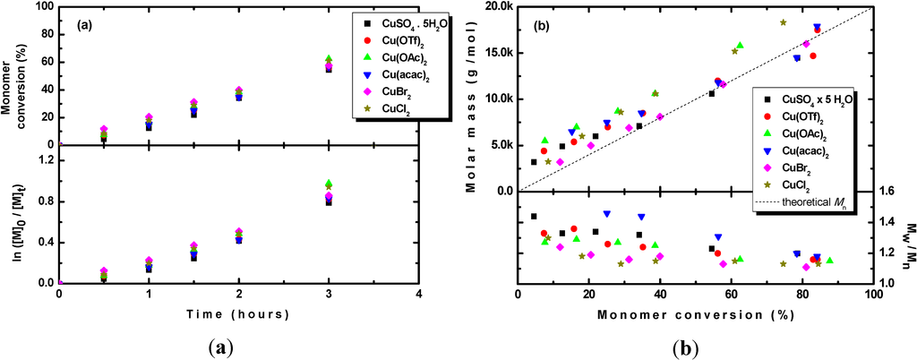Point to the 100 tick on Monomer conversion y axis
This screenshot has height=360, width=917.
pyautogui.click(x=43, y=8)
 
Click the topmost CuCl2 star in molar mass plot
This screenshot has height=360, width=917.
pyautogui.click(x=783, y=22)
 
